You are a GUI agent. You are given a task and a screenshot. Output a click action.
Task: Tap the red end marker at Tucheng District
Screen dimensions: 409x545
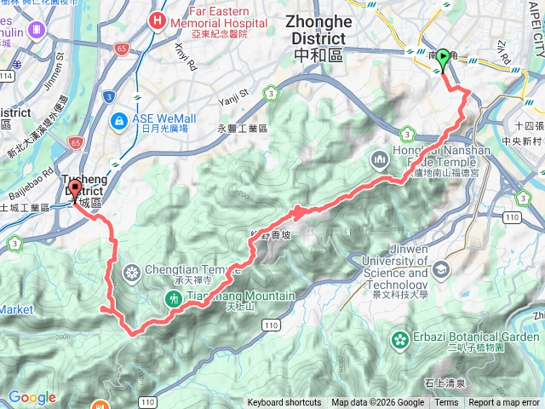click(x=75, y=189)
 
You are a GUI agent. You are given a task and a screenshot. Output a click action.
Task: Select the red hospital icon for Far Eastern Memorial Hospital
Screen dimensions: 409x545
click(x=158, y=19)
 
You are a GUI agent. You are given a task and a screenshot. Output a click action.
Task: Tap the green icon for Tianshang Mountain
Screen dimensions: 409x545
click(x=174, y=297)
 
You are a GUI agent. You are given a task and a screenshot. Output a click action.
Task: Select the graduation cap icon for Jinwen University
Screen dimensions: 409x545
click(x=441, y=271)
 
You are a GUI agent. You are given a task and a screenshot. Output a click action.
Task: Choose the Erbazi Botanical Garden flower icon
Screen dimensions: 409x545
click(x=400, y=341)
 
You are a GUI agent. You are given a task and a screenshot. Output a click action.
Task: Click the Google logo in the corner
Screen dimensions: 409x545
click(x=32, y=397)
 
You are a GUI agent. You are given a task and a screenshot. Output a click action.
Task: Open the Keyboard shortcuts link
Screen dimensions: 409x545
click(x=284, y=403)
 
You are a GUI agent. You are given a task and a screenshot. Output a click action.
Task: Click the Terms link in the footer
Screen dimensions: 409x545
click(x=446, y=403)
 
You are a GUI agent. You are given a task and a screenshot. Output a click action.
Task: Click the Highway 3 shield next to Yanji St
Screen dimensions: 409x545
click(x=271, y=92)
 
